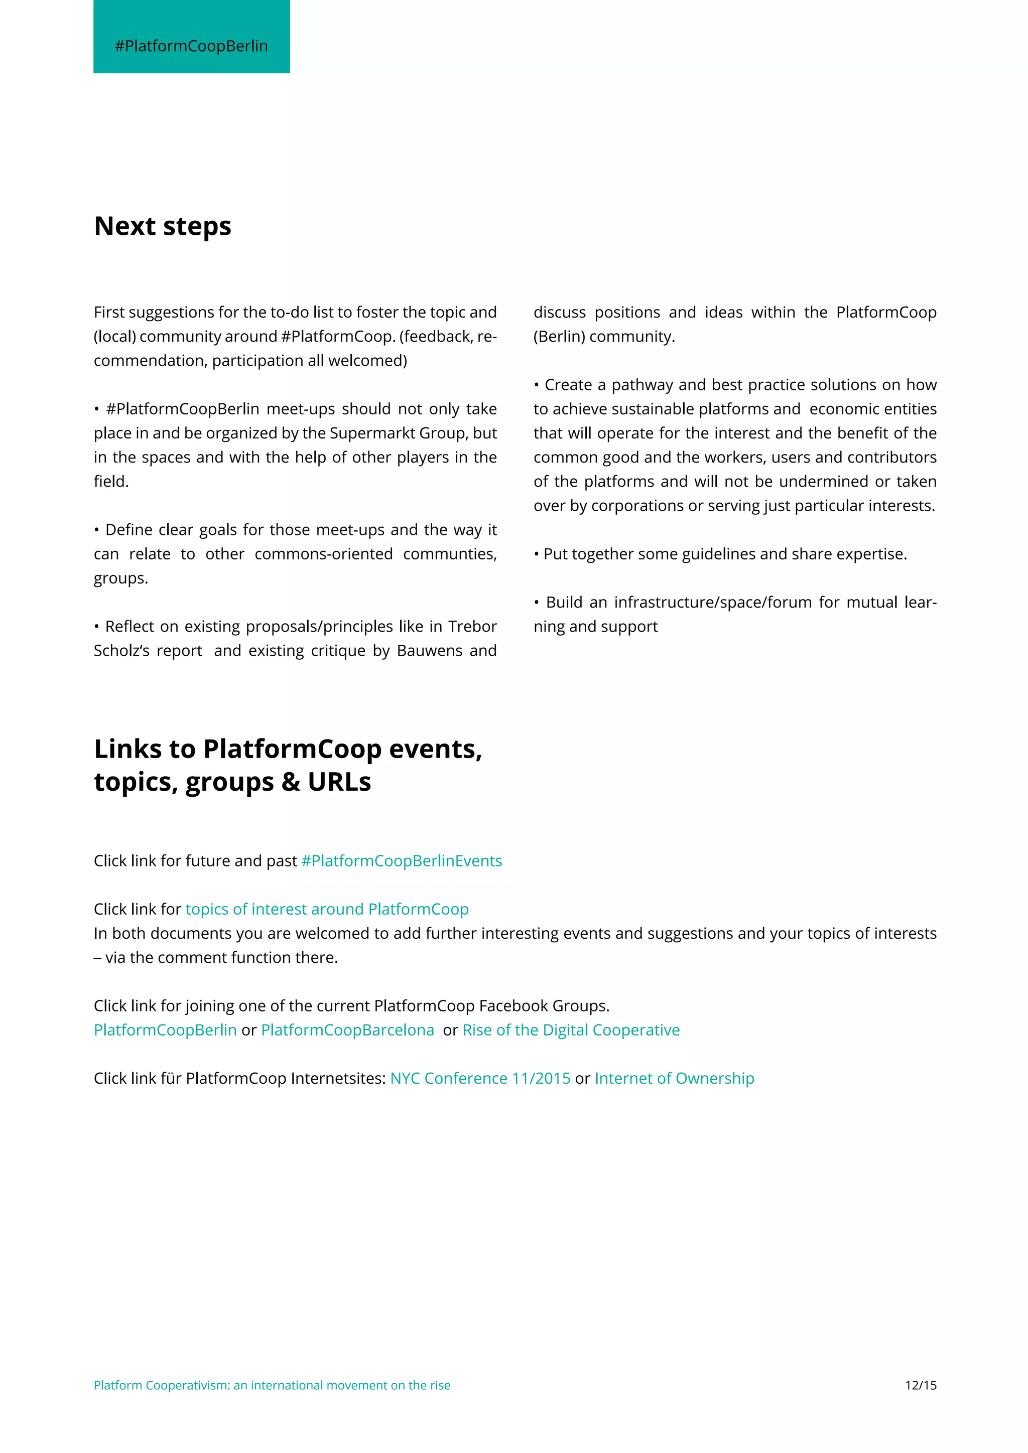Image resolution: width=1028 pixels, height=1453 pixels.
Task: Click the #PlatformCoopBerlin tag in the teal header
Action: point(191,46)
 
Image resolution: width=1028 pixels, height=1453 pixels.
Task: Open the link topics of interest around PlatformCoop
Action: point(327,910)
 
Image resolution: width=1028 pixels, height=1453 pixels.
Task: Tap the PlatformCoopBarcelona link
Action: point(347,1030)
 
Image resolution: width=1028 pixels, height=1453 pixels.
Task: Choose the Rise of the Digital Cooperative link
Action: point(571,1030)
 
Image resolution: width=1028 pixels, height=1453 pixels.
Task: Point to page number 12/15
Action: point(921,1385)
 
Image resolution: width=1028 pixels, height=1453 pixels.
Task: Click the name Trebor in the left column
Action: point(472,627)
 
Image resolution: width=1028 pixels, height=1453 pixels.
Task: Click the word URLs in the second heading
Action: point(339,782)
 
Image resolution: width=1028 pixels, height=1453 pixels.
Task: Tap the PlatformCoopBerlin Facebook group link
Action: point(165,1030)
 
